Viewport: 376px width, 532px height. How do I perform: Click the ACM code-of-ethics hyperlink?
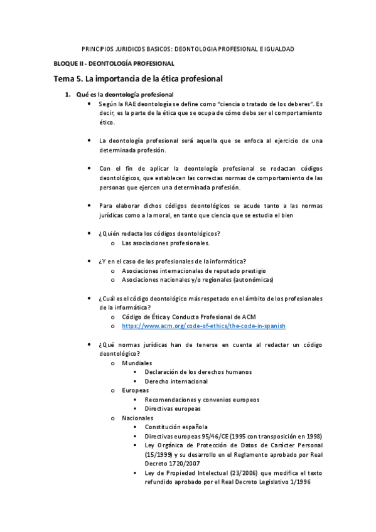coord(203,326)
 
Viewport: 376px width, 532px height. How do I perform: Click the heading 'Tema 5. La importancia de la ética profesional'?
coord(138,79)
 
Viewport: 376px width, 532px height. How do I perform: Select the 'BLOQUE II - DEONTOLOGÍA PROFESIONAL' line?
coord(113,64)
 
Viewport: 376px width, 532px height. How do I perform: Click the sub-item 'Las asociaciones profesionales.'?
coord(166,243)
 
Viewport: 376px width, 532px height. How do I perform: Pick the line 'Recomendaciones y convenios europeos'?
coord(201,400)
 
